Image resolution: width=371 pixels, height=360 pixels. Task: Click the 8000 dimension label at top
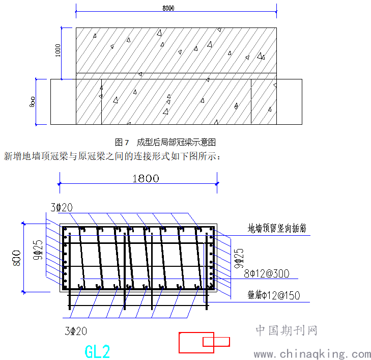tap(168, 8)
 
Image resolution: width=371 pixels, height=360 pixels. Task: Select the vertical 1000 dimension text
tap(58, 50)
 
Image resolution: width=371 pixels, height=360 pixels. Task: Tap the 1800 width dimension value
tap(146, 178)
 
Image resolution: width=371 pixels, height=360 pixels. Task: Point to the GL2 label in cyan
tap(97, 351)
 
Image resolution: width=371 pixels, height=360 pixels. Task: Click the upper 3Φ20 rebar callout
tap(62, 207)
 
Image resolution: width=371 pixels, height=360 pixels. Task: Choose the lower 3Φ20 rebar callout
tap(76, 331)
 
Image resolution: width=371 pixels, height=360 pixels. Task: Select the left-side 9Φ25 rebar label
tap(38, 250)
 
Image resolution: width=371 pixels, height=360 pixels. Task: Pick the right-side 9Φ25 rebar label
tap(239, 258)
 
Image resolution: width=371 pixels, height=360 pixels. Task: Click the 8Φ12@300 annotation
tap(267, 273)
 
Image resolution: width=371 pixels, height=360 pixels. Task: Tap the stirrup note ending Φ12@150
tap(274, 295)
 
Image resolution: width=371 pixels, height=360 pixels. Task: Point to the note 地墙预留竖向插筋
tap(277, 228)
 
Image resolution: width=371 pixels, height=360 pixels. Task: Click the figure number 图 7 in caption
tap(122, 142)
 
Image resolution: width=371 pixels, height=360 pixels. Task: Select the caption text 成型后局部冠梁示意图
tap(176, 142)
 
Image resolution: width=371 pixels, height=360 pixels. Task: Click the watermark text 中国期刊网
tap(287, 330)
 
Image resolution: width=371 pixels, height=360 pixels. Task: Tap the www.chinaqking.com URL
tap(312, 354)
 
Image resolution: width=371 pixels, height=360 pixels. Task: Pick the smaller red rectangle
tap(216, 342)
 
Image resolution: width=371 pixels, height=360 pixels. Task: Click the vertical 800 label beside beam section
tap(17, 258)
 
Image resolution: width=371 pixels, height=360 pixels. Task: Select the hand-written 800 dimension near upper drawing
tap(32, 102)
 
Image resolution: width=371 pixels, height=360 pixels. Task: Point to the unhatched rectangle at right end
tap(289, 102)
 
